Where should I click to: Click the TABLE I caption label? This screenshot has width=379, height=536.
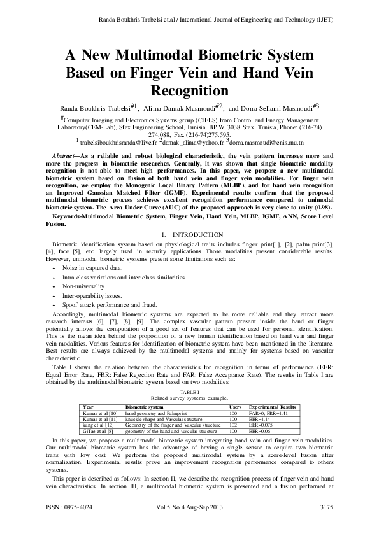pyautogui.click(x=189, y=392)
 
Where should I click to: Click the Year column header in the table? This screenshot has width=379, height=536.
pyautogui.click(x=89, y=406)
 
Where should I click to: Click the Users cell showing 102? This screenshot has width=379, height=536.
pyautogui.click(x=234, y=423)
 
